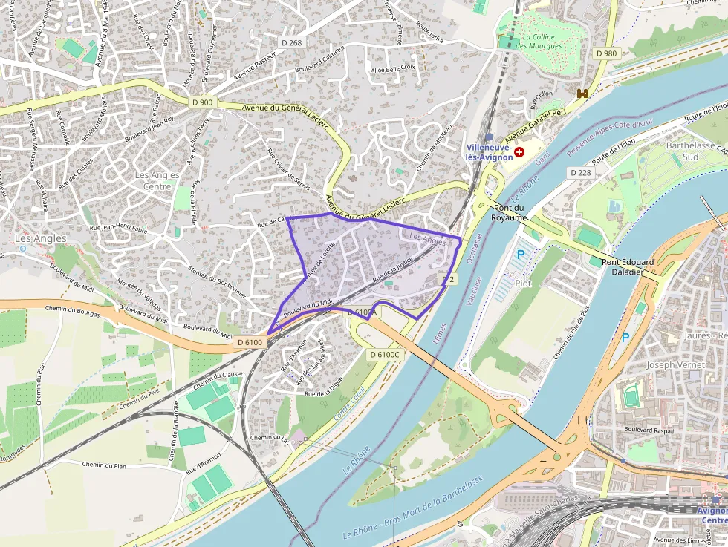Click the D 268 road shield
[x=292, y=43]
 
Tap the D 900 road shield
[x=201, y=102]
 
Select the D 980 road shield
[x=607, y=53]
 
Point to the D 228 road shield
[x=581, y=172]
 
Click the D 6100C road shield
[x=385, y=355]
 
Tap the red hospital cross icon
[x=519, y=151]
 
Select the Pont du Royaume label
[x=509, y=213]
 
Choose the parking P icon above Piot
[x=520, y=254]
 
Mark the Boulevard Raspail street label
[x=648, y=430]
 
